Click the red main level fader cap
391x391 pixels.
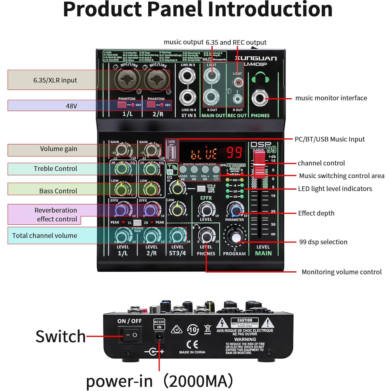pos(260,164)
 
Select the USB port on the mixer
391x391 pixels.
pos(171,152)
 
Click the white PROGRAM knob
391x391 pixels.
pos(235,237)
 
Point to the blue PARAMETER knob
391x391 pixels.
pos(235,210)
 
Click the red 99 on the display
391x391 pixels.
pos(234,152)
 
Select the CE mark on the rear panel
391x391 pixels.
pos(192,344)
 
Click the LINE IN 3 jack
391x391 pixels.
pos(187,76)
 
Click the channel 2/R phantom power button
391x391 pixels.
pos(151,105)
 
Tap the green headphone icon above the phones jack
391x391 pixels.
pos(260,77)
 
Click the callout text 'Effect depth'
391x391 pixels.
pos(316,213)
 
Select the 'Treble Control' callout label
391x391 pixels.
pos(55,169)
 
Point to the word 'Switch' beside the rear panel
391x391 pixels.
pos(61,336)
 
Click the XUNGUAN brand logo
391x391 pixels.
pos(256,58)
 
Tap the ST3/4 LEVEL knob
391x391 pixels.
pos(177,236)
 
